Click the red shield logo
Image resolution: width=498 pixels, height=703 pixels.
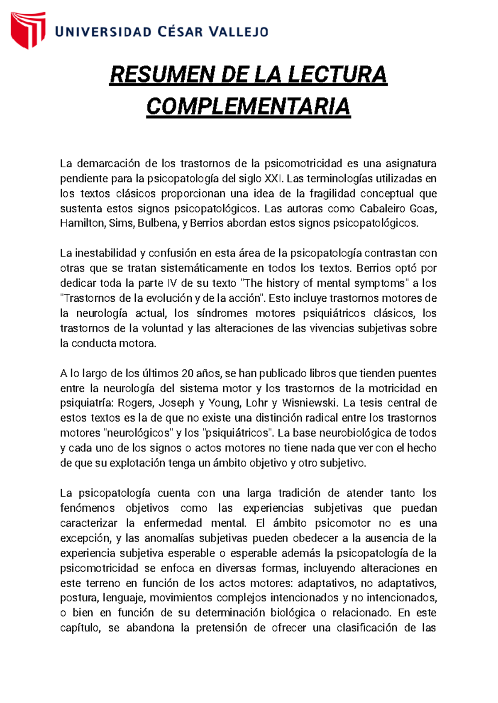(x=28, y=30)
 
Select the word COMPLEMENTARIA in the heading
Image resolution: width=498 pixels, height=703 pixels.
(x=248, y=107)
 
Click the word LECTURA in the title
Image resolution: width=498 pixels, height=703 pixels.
(x=337, y=75)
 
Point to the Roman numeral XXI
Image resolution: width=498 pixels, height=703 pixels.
(x=274, y=179)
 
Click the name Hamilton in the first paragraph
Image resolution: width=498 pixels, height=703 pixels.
(x=83, y=223)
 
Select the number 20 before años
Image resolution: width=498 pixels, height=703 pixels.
(x=187, y=373)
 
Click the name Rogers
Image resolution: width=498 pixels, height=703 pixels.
(x=135, y=403)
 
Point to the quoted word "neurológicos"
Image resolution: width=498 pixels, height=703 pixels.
(x=138, y=433)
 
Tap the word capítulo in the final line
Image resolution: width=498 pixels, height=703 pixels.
(x=80, y=628)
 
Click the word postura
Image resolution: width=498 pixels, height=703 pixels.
(x=79, y=598)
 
